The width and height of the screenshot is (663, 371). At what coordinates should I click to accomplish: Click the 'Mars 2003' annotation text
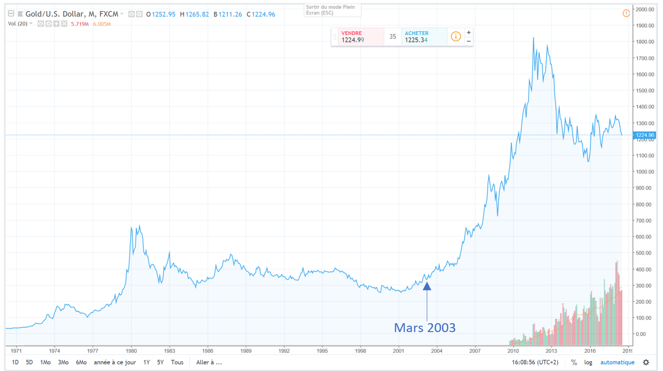click(425, 328)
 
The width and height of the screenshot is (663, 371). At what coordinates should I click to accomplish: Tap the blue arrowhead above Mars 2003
click(427, 286)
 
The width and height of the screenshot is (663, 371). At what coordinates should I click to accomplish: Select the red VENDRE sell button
click(361, 37)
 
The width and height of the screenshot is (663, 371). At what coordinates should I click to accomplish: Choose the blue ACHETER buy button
click(424, 37)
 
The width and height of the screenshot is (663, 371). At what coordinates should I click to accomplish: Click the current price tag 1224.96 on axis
click(645, 135)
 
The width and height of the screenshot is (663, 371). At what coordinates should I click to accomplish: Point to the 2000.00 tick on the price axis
click(645, 9)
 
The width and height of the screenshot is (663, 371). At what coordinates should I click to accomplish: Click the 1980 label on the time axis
click(131, 351)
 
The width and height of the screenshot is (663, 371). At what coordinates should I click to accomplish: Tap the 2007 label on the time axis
click(475, 351)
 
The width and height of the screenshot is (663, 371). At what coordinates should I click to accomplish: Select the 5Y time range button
click(160, 362)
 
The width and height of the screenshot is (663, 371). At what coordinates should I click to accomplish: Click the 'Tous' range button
click(177, 362)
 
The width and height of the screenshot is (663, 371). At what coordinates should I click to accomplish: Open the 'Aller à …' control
click(209, 362)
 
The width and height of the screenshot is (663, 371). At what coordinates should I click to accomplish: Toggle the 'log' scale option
click(588, 363)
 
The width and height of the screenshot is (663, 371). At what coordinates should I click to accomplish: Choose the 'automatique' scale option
click(617, 363)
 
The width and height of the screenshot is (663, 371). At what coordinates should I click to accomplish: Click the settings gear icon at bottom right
click(646, 363)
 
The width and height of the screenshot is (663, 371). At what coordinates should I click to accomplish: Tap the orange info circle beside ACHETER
click(456, 37)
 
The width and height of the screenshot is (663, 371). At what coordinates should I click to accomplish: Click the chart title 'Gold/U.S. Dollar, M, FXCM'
click(72, 14)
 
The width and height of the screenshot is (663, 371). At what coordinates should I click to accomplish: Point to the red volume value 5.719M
click(80, 24)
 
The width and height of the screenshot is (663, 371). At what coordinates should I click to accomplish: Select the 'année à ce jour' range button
click(115, 362)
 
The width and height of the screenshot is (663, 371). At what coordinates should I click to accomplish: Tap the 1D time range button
click(15, 362)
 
